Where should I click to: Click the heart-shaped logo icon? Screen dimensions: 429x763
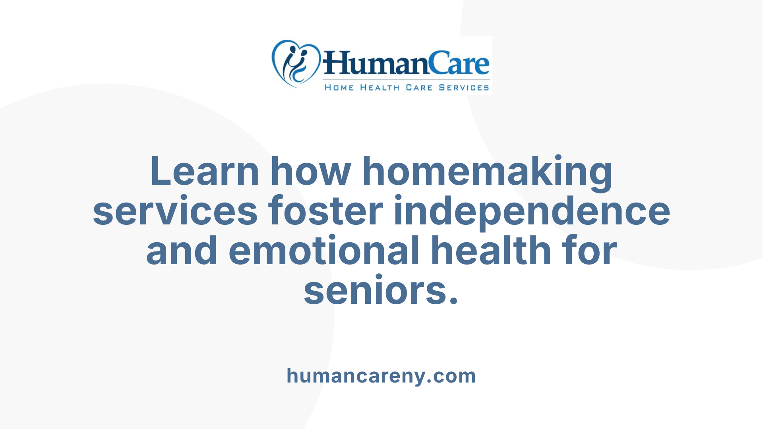point(296,64)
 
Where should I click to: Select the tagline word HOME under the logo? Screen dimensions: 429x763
point(339,88)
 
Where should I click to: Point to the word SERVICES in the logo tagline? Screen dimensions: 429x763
point(464,88)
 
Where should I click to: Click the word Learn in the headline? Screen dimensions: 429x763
point(205,171)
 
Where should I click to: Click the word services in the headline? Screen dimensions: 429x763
point(175,211)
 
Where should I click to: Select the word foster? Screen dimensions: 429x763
point(325,211)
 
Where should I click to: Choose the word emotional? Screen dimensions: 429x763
point(324,251)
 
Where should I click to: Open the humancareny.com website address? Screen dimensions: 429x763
point(381,376)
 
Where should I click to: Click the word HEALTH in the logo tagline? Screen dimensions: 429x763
point(380,88)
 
